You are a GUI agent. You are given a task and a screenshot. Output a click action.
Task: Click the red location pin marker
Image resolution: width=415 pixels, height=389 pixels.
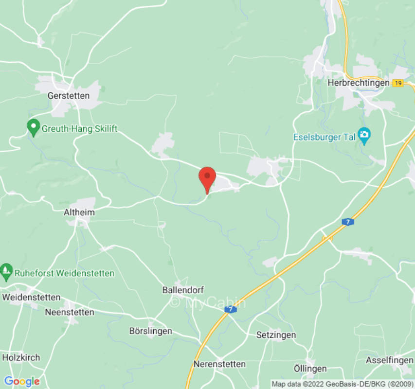(208, 178)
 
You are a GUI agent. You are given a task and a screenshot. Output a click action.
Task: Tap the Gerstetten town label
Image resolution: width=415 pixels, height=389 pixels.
(69, 96)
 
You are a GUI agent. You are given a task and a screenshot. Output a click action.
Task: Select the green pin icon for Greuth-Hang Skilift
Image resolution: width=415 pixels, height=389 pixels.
(33, 128)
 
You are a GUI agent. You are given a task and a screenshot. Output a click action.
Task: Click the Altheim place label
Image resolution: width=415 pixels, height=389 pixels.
(79, 212)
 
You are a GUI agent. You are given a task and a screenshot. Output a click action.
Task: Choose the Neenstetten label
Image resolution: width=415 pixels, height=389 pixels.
(70, 312)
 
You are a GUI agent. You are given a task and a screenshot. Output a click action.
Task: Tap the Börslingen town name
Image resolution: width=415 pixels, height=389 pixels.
(151, 331)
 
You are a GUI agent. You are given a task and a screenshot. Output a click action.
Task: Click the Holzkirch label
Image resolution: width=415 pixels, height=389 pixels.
(21, 357)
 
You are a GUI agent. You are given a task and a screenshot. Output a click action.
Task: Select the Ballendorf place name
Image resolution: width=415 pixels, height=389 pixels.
(182, 290)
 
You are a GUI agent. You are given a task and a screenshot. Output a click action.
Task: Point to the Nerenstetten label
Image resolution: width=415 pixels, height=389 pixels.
(220, 364)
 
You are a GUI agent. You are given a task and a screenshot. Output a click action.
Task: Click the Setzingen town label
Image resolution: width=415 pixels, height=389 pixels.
(276, 335)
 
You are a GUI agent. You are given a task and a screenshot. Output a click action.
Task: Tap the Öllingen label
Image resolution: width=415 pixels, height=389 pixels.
(310, 368)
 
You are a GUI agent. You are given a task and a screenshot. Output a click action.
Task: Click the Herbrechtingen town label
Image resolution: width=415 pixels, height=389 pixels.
(359, 83)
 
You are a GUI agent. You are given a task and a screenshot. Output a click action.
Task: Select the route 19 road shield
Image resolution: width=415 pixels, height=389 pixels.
(398, 83)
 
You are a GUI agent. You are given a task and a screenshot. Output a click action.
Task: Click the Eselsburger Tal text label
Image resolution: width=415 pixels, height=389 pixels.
(324, 137)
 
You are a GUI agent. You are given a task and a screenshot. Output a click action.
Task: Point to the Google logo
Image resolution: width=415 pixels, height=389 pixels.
(22, 381)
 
